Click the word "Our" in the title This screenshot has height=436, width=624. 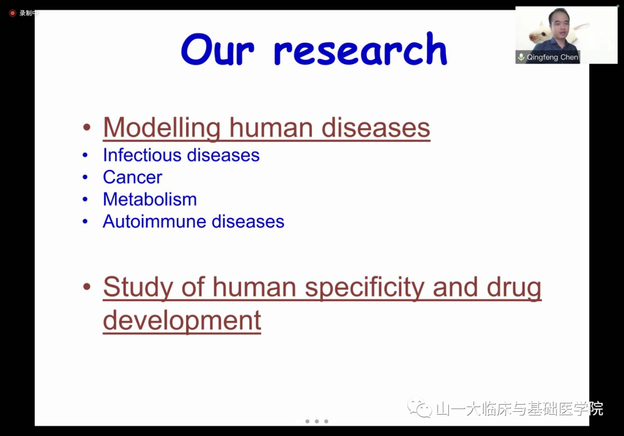point(217,50)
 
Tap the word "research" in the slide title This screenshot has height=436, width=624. point(361,49)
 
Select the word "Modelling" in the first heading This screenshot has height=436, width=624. point(162,128)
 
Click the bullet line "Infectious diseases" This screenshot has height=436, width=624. point(181,155)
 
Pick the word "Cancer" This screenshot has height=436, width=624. point(132,177)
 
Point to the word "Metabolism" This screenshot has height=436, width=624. point(150,199)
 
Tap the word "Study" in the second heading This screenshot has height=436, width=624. point(138,287)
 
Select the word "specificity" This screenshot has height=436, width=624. point(365,287)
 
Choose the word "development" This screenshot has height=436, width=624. point(182,320)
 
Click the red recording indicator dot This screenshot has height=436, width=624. point(12,13)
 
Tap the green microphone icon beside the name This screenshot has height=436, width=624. point(521,57)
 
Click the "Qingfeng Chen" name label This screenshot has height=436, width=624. point(552,57)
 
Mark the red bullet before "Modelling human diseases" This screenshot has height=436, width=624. point(87,127)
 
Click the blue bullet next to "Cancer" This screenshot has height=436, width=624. point(85,177)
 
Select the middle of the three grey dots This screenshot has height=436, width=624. point(317,422)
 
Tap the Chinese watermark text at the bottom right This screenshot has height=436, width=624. point(519,408)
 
